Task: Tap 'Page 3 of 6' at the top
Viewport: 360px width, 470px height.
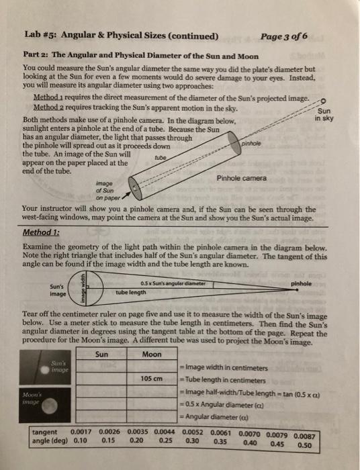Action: point(283,36)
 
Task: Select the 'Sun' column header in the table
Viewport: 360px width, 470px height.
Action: point(103,355)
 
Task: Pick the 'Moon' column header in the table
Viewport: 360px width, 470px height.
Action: point(152,355)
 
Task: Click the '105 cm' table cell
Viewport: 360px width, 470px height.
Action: point(153,379)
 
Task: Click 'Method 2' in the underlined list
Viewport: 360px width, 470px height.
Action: point(52,106)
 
